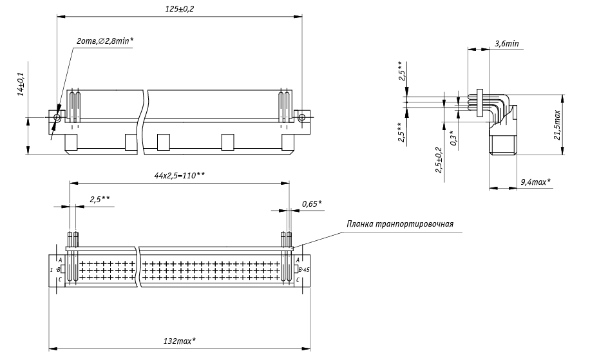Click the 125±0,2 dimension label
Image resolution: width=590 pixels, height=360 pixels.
click(x=180, y=8)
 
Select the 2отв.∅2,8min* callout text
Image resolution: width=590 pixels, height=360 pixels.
click(x=105, y=41)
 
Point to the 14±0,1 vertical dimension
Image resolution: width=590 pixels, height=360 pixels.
click(x=21, y=84)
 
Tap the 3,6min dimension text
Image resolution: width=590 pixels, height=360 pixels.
click(x=507, y=43)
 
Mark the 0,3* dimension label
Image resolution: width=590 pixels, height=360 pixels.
click(x=452, y=137)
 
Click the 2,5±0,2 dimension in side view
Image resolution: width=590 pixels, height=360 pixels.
click(x=439, y=160)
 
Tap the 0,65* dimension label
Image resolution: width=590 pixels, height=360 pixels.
click(x=312, y=204)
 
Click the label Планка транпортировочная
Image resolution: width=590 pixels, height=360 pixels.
click(x=401, y=224)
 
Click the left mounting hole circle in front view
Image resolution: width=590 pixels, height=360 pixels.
click(x=57, y=117)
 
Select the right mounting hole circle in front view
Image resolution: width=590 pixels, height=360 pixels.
click(x=301, y=117)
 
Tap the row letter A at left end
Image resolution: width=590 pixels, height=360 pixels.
click(x=60, y=258)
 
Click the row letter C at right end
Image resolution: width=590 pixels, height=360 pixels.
click(x=298, y=279)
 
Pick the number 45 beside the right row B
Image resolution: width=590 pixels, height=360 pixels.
click(x=306, y=269)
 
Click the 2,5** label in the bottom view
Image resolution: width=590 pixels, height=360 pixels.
click(x=100, y=200)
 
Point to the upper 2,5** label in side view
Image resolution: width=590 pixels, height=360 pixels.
click(x=401, y=70)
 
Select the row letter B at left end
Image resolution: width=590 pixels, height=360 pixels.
click(x=59, y=269)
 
